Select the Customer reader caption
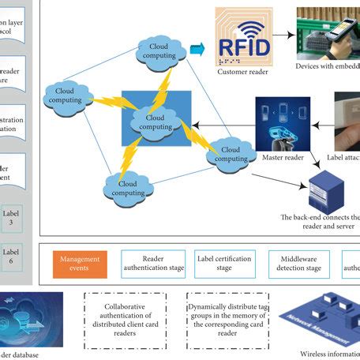[x=243, y=73]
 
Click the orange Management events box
[x=79, y=263]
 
